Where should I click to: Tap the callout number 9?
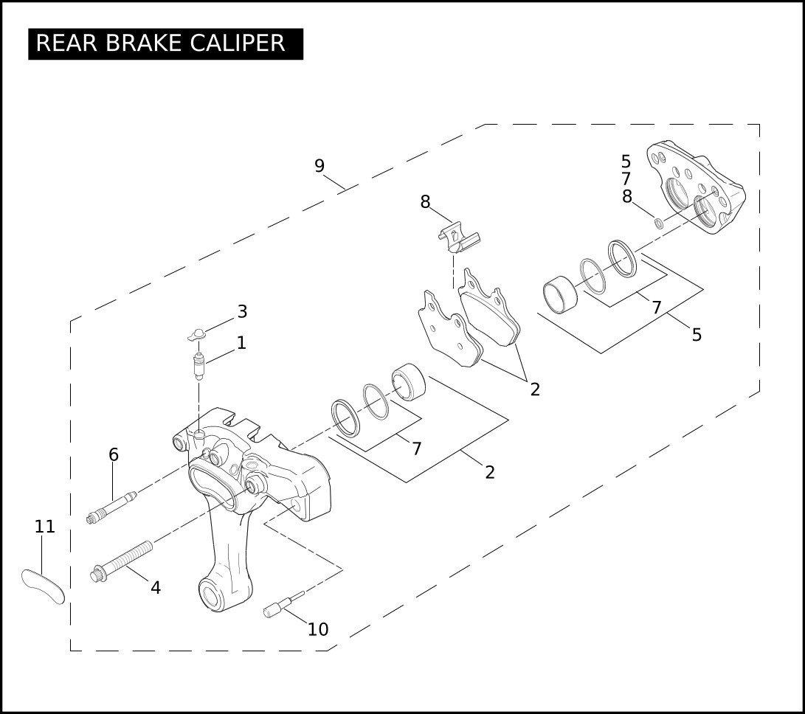[319, 166]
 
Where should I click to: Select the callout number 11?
[45, 526]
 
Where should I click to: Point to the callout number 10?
[318, 629]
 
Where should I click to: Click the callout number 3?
[242, 311]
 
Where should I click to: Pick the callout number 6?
[114, 455]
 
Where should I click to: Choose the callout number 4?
[156, 588]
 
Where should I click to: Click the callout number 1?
[241, 343]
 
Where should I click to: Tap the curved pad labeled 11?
[43, 586]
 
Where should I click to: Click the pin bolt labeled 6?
[111, 507]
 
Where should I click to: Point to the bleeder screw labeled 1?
[198, 366]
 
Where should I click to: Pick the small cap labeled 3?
[196, 335]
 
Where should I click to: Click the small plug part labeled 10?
[283, 605]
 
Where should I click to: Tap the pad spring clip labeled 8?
[458, 238]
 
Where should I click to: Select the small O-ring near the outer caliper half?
[657, 223]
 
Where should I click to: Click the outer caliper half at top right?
[696, 187]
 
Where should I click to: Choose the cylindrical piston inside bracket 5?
[560, 294]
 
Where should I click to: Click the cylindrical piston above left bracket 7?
[409, 382]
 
